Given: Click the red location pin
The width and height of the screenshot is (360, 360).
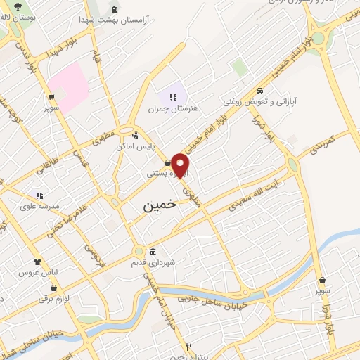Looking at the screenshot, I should (181, 165).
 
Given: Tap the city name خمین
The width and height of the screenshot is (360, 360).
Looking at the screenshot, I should (157, 205).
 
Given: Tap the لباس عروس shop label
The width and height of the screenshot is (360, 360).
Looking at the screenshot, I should (37, 271).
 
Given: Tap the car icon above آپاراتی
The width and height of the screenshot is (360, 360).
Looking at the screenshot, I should (260, 90).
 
